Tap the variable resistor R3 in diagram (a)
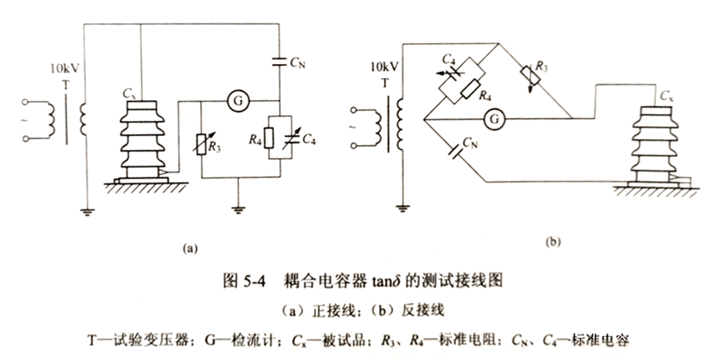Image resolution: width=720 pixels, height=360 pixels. coord(203,141)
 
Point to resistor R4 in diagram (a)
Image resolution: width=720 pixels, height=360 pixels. coord(268,139)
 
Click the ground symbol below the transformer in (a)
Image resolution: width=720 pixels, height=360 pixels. coord(85,209)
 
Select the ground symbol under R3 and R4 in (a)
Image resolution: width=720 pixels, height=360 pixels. coord(236,209)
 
